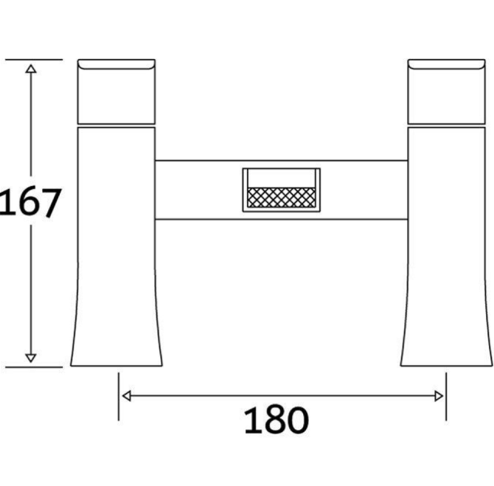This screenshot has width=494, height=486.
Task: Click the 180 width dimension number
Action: pos(276,421)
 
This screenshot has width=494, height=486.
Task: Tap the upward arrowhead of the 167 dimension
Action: pos(30,69)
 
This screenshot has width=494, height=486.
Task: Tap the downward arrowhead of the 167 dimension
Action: pos(30,358)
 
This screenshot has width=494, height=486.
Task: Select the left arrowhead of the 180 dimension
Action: pos(125,396)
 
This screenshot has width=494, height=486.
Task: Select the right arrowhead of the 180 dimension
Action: pos(440,396)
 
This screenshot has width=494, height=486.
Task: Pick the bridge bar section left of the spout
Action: pos(198,189)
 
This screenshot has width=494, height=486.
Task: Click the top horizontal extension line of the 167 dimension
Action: pos(33,59)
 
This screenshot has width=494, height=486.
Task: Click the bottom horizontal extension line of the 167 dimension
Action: pos(33,367)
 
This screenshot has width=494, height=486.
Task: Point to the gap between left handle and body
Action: pos(116,125)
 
